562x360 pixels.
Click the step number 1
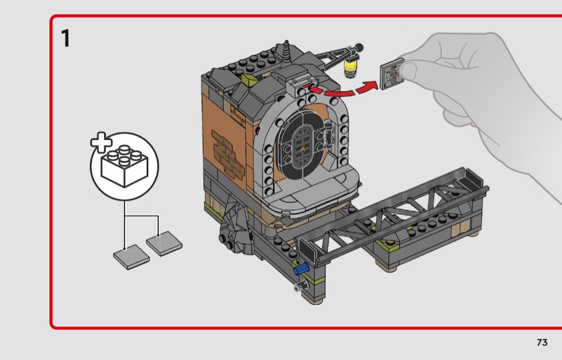66,39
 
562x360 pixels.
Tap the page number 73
542,342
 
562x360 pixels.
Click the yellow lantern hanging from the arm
350,67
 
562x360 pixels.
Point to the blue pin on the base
300,269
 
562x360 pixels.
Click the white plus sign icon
101,142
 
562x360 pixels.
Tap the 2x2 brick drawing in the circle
124,166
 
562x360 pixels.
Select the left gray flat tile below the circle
131,256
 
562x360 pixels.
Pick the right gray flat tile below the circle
164,243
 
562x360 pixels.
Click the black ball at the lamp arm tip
358,47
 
